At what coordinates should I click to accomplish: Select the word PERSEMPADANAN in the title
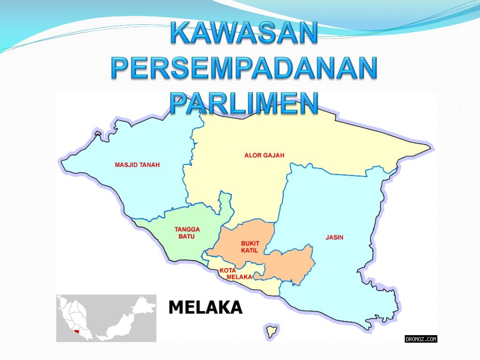point(244,68)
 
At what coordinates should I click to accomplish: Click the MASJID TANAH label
point(137,165)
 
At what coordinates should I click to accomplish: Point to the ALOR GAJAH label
point(264,155)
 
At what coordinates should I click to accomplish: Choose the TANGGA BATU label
point(187,233)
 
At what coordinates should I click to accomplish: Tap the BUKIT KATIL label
point(250,247)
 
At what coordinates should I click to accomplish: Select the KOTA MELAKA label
point(236,274)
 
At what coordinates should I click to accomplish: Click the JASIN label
point(334,238)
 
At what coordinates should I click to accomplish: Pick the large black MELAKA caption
point(205,307)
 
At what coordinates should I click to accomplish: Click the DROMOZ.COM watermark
point(420,338)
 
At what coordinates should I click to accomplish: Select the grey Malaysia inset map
point(106,318)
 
